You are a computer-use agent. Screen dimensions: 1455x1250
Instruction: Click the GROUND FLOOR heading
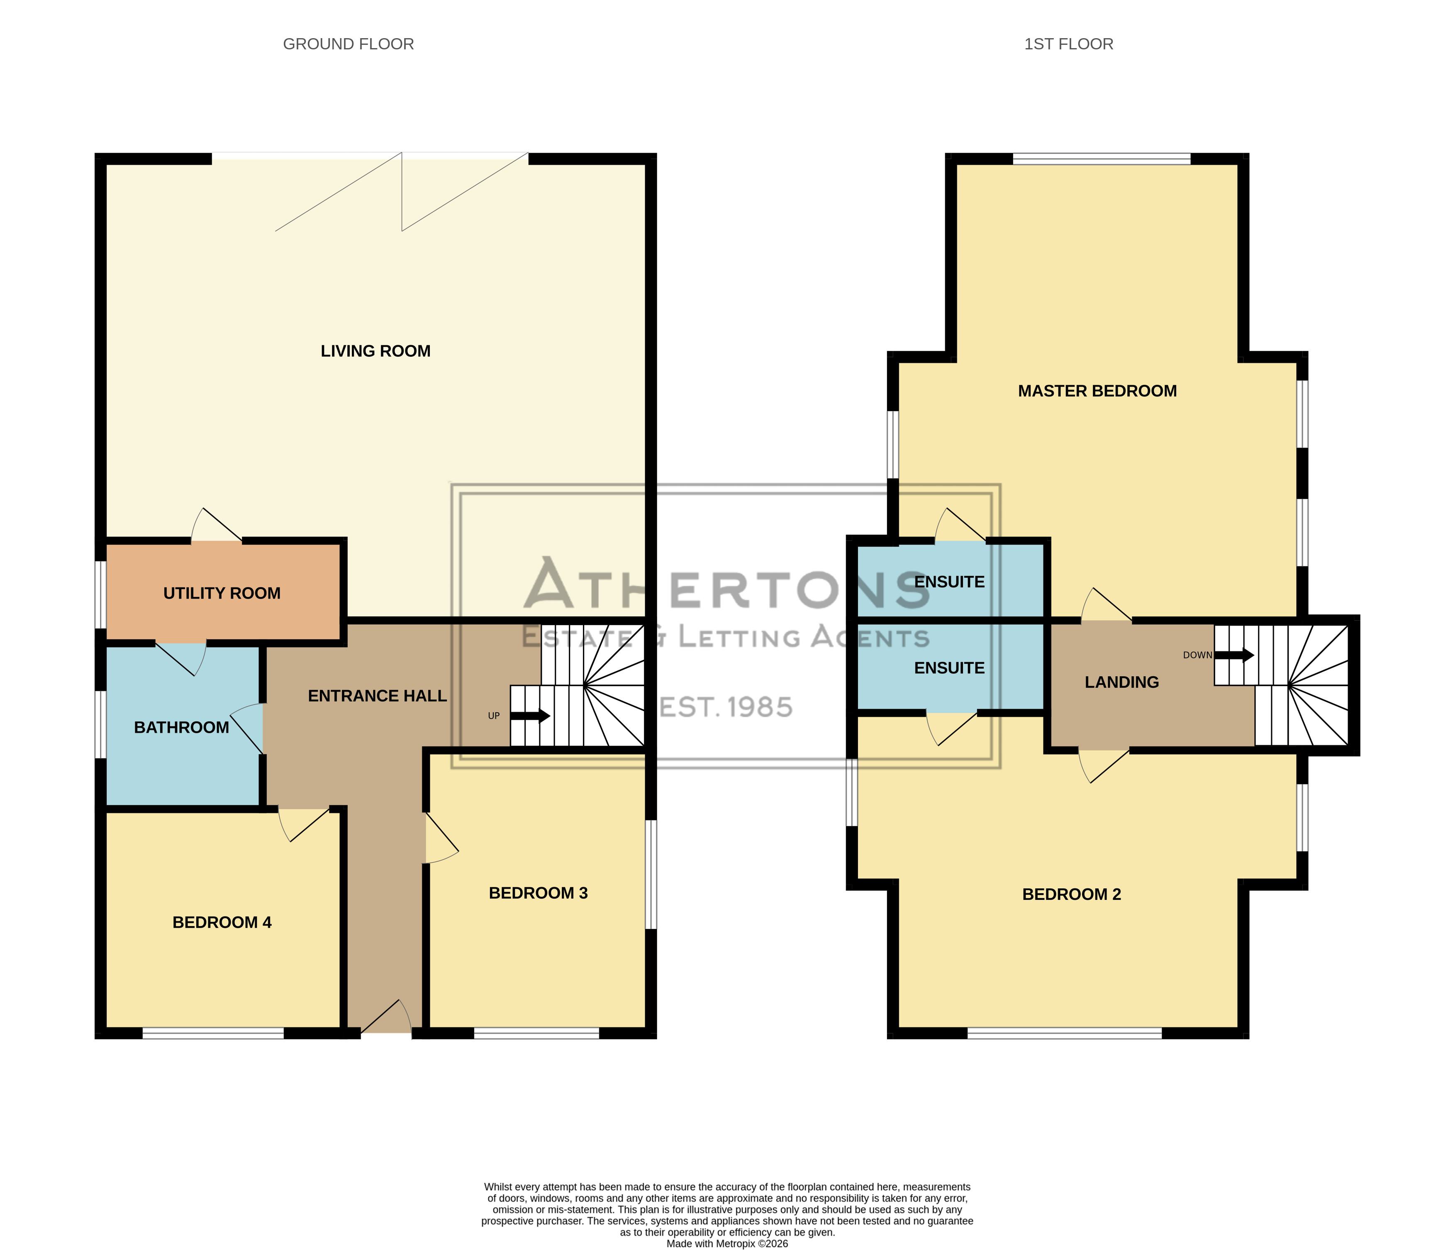coord(349,44)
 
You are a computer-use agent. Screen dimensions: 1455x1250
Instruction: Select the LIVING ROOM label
coord(376,351)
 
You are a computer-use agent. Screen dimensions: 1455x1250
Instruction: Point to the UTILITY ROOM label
coord(222,593)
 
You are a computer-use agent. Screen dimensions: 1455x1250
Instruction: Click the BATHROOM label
coord(182,728)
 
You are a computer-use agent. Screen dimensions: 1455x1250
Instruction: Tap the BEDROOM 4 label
coord(222,923)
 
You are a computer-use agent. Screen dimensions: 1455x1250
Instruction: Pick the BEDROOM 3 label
coord(538,893)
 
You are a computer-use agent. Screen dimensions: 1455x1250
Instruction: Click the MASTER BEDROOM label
coord(1097,391)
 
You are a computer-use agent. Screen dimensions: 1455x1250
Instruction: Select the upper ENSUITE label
coord(949,582)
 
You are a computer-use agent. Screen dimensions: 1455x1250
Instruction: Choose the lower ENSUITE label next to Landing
coord(949,668)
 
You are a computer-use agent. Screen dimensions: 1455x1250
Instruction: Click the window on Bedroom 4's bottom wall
coord(214,1033)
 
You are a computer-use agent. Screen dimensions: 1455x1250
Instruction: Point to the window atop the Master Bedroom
coord(1102,159)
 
